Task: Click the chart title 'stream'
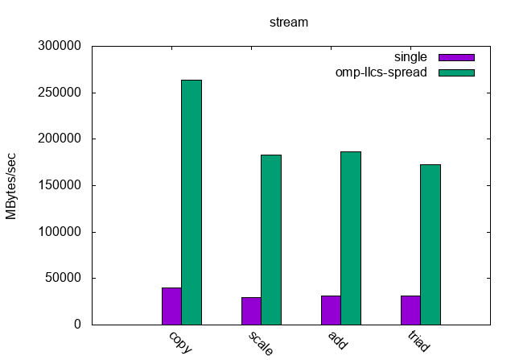pyautogui.click(x=288, y=23)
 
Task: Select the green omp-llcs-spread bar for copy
pyautogui.click(x=191, y=202)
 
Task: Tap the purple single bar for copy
pyautogui.click(x=171, y=306)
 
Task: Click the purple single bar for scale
pyautogui.click(x=251, y=311)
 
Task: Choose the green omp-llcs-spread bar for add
pyautogui.click(x=350, y=238)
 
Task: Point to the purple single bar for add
pyautogui.click(x=331, y=310)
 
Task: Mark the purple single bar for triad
pyautogui.click(x=410, y=310)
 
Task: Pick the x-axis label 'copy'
pyautogui.click(x=180, y=341)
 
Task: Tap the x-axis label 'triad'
pyautogui.click(x=418, y=341)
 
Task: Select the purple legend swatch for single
pyautogui.click(x=456, y=58)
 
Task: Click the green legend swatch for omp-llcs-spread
pyautogui.click(x=456, y=72)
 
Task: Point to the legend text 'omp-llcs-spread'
pyautogui.click(x=381, y=72)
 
